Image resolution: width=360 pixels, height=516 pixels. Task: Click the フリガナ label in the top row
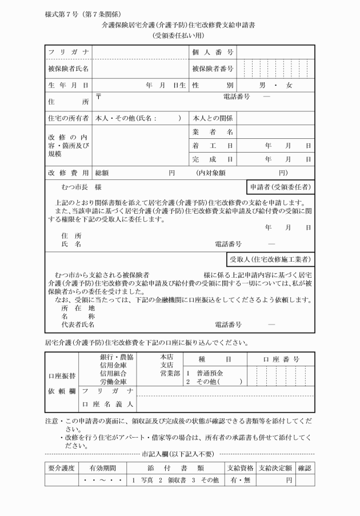tap(67, 53)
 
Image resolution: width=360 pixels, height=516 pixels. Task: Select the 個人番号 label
tap(213, 53)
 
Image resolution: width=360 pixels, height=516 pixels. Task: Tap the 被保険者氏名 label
tap(67, 69)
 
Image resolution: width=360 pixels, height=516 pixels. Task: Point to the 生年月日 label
tap(67, 85)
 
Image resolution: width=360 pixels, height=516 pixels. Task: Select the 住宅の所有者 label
tap(67, 118)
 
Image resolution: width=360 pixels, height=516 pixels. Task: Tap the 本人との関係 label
tap(213, 118)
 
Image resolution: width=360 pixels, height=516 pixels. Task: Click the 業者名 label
tap(213, 132)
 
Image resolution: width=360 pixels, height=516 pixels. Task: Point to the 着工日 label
tap(213, 146)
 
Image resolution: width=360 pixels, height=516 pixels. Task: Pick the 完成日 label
tap(213, 159)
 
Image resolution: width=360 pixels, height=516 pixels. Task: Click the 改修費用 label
tap(67, 173)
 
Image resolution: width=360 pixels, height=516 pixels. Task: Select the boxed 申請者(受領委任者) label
tap(279, 187)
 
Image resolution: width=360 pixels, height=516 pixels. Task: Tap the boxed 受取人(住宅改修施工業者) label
tap(270, 259)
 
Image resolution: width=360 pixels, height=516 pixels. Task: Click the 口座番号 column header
tap(281, 359)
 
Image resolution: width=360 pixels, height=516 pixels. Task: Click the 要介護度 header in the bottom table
tap(61, 468)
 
